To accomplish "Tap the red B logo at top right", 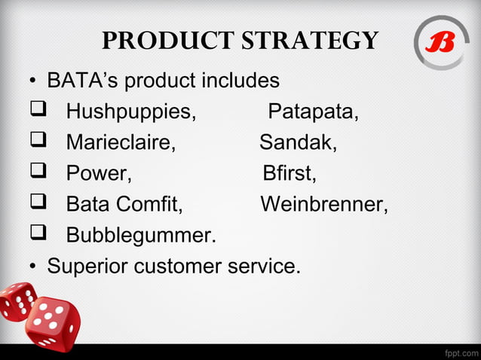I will (x=441, y=43).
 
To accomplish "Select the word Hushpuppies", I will (x=130, y=113).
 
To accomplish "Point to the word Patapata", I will (x=313, y=113).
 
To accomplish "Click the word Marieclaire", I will (x=121, y=143).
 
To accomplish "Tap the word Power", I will (x=99, y=174).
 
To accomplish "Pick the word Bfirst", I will (x=290, y=174).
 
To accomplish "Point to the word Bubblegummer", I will (x=141, y=236).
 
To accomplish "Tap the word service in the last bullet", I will (x=260, y=266).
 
